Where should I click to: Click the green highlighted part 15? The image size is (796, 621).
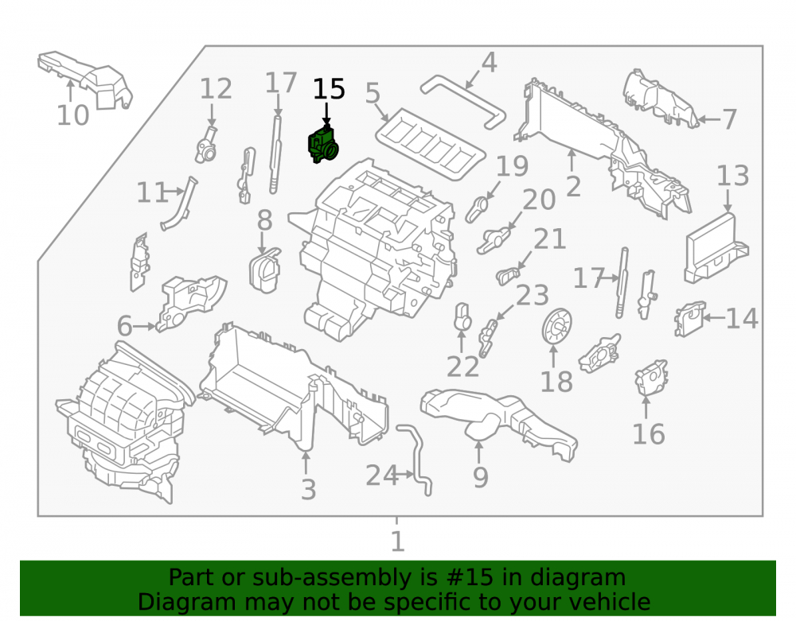pos(323,145)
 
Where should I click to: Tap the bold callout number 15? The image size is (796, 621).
pos(329,89)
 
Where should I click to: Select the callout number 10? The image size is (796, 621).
pos(72,115)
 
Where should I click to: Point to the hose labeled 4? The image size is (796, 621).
pos(462,101)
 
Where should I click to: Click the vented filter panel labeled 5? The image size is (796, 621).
pos(431,145)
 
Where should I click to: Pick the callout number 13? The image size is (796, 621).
pos(732,176)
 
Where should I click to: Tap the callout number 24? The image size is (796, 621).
pos(382,475)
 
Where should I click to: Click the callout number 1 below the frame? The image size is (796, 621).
pos(397,541)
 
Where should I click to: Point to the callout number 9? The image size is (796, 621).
pos(480,477)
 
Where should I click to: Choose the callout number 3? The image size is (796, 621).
pos(308,490)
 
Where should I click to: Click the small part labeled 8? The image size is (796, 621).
pos(264,270)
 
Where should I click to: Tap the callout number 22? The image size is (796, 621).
pos(462,367)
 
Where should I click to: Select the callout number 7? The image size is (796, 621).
pos(729,119)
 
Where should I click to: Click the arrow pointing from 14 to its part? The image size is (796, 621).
pos(714,318)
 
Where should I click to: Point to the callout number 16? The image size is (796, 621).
pos(648,434)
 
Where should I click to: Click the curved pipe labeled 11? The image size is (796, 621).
pos(179,204)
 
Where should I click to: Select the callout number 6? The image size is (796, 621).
pos(124,326)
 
